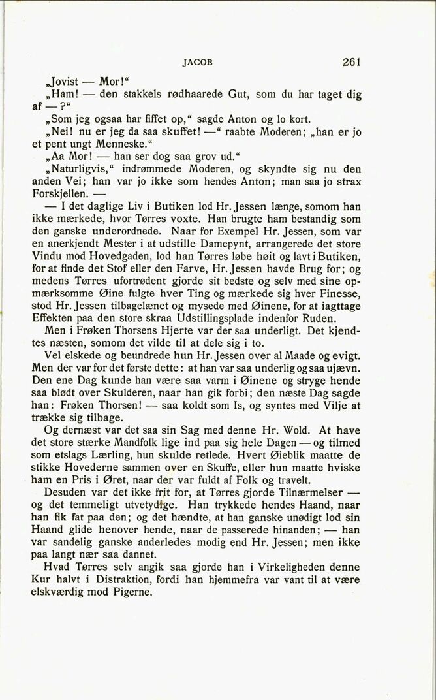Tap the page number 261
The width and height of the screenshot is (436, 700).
(x=350, y=63)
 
